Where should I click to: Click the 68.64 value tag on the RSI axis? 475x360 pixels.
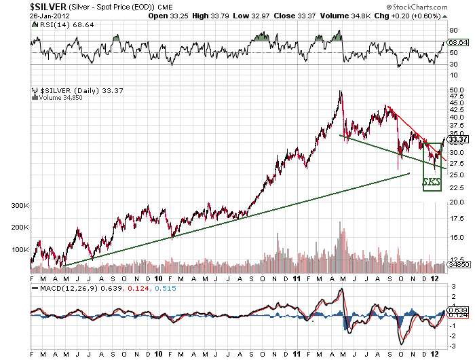(x=458, y=43)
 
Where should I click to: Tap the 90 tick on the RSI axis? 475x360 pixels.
(x=453, y=31)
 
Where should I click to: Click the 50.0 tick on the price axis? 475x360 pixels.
(x=456, y=89)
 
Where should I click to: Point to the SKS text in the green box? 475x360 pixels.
(x=432, y=183)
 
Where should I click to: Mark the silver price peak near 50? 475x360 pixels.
(x=340, y=91)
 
